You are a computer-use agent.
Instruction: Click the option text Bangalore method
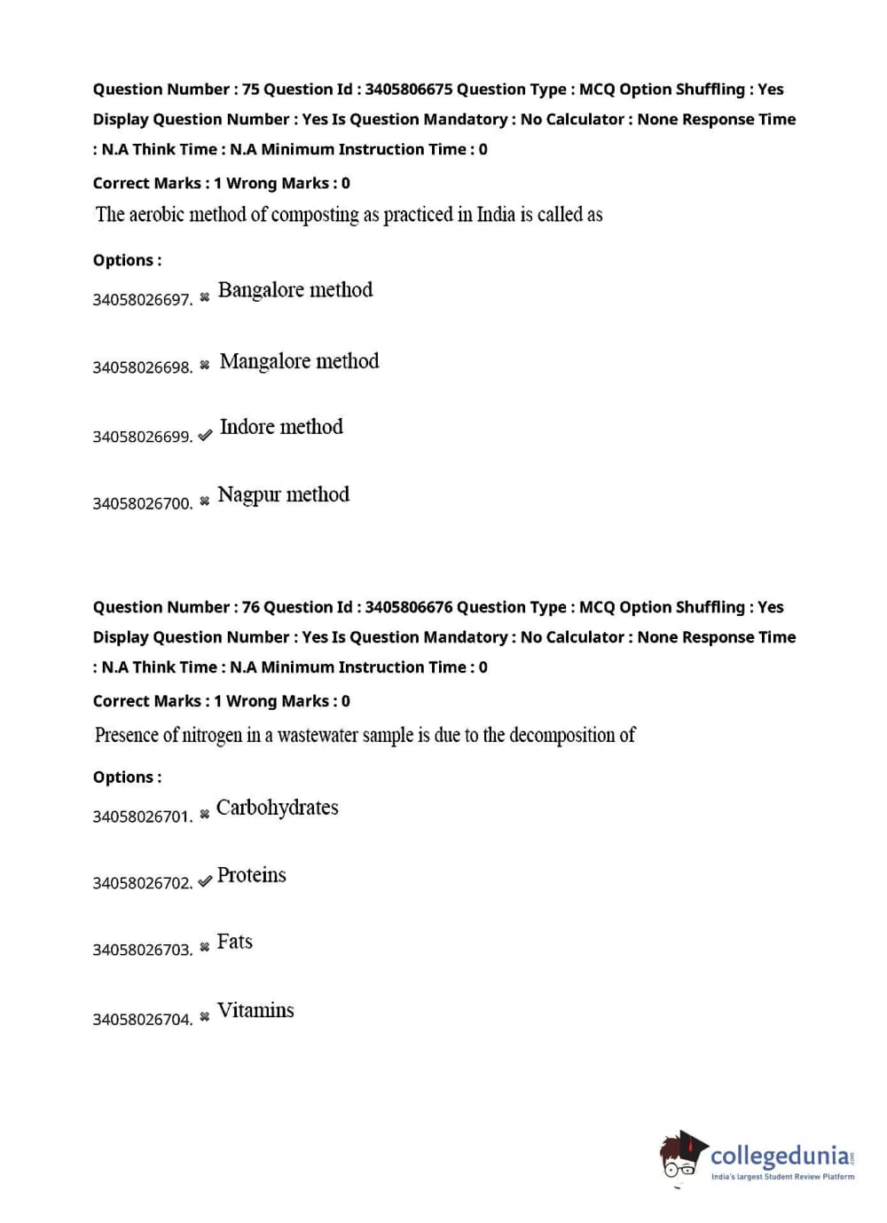(x=295, y=290)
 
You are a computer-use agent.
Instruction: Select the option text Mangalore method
(x=299, y=361)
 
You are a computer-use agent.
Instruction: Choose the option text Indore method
(x=281, y=427)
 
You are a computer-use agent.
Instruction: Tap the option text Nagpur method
(x=283, y=494)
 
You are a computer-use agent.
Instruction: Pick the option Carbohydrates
(x=278, y=808)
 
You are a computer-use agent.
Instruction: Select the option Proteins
(x=252, y=875)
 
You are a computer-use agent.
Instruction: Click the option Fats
(x=235, y=942)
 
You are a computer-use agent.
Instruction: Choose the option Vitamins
(x=255, y=1010)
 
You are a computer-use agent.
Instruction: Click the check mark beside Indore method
(x=205, y=436)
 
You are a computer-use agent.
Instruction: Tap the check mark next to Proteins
(x=205, y=881)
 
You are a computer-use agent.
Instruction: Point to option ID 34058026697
(x=142, y=300)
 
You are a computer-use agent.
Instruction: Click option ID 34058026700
(x=142, y=503)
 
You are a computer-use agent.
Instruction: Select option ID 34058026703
(x=142, y=950)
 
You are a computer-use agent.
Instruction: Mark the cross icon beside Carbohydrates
(x=205, y=814)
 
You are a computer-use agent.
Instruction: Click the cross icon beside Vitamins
(x=205, y=1017)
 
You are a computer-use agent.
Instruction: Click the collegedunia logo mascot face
(x=681, y=1156)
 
